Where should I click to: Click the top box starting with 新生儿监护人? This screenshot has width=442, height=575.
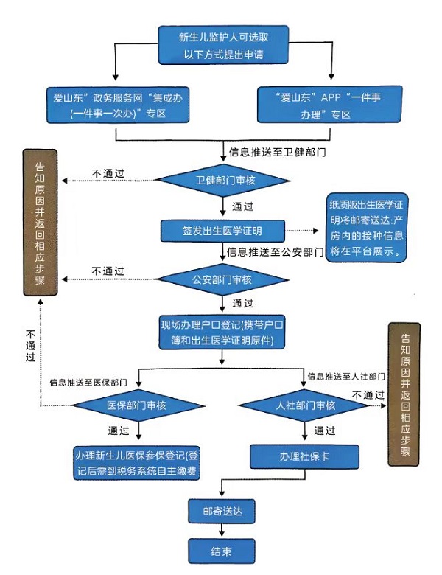click(222, 45)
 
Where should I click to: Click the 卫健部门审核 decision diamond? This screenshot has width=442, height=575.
click(222, 180)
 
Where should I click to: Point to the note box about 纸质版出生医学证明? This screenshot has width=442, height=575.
click(367, 226)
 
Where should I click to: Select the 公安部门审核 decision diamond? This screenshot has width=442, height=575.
click(222, 279)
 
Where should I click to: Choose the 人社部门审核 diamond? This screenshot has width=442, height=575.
click(305, 405)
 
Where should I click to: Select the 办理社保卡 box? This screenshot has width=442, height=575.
click(304, 457)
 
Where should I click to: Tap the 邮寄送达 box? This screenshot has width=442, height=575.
click(222, 509)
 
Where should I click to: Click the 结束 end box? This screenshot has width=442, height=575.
click(222, 550)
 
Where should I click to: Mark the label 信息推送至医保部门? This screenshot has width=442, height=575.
click(89, 383)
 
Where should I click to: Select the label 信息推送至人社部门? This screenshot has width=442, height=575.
click(347, 376)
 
